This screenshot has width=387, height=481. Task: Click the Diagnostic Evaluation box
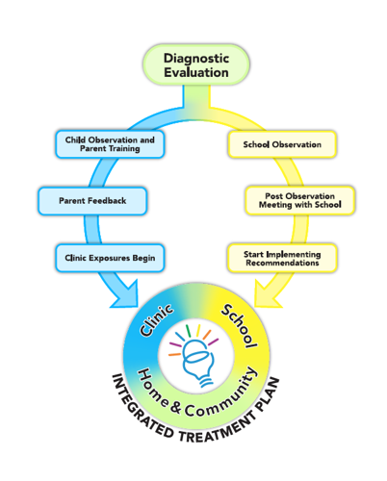click(x=195, y=63)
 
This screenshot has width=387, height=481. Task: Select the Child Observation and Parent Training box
click(x=109, y=144)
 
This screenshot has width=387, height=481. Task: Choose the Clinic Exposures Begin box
click(x=109, y=258)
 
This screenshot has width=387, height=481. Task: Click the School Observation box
click(x=281, y=144)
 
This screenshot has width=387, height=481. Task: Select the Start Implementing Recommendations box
click(x=281, y=258)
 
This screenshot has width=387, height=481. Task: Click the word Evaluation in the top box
click(x=195, y=73)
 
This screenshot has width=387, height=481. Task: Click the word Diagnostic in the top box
click(x=195, y=54)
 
